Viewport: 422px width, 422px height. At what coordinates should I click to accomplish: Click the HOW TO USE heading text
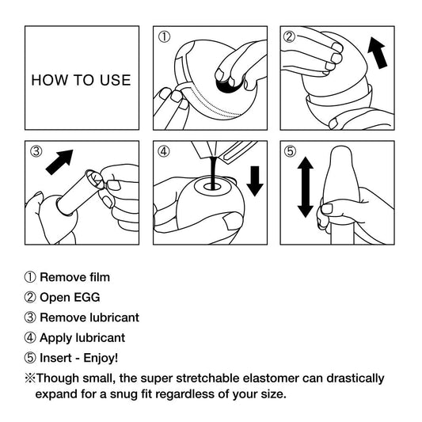pyautogui.click(x=81, y=80)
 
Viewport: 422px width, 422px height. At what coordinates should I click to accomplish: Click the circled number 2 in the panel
pyautogui.click(x=290, y=36)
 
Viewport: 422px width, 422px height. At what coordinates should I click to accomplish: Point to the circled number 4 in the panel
pyautogui.click(x=164, y=151)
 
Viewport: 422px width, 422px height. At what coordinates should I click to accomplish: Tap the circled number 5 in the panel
pyautogui.click(x=290, y=151)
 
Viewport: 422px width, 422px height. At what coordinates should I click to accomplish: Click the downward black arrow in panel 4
pyautogui.click(x=255, y=180)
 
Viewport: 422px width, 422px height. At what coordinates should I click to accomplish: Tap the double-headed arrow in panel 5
pyautogui.click(x=305, y=187)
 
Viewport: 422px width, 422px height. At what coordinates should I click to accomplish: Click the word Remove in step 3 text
pyautogui.click(x=61, y=317)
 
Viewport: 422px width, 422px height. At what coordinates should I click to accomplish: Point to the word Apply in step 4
pyautogui.click(x=55, y=338)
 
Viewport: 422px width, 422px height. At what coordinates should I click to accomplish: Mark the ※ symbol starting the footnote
pyautogui.click(x=30, y=378)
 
